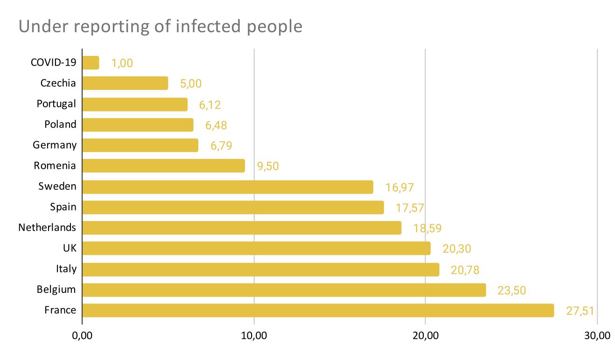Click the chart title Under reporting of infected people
[x=161, y=27]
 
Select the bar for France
[x=318, y=311]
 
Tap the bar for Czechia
[x=125, y=83]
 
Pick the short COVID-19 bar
[x=91, y=63]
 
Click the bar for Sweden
[x=228, y=187]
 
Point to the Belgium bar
[x=284, y=290]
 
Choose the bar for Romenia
[x=163, y=166]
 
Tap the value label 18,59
[x=427, y=228]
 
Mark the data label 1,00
[x=122, y=63]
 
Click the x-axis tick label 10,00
[x=254, y=336]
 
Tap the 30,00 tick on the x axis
[x=597, y=336]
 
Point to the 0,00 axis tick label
[x=82, y=336]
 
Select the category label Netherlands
[x=47, y=228]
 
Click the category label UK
[x=70, y=248]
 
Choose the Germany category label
[x=55, y=145]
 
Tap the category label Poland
[x=60, y=125]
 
